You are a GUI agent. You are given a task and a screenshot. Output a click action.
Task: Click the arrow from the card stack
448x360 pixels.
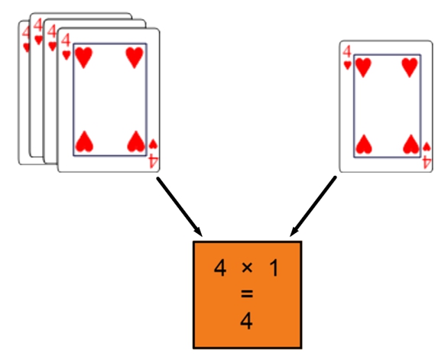tap(180, 207)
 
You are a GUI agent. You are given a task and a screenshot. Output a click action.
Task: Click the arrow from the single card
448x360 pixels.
tap(313, 206)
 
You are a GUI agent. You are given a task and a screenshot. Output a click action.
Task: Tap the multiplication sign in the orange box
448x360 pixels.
tap(247, 268)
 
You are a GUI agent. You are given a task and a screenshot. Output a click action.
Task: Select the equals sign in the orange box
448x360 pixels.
tap(247, 294)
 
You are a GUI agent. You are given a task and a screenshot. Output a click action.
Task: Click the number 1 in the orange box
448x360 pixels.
tap(274, 268)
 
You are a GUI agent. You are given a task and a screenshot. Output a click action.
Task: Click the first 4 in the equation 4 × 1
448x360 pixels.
tap(220, 268)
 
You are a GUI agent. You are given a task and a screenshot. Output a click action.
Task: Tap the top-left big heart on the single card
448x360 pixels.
tap(363, 67)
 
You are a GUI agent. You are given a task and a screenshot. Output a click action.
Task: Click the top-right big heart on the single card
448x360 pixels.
tap(411, 67)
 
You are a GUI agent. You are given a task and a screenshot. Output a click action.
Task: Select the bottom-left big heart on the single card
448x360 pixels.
tap(364, 144)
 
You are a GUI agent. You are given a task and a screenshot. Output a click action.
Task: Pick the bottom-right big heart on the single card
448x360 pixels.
tap(411, 144)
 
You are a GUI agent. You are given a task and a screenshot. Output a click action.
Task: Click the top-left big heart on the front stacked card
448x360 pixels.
tap(83, 58)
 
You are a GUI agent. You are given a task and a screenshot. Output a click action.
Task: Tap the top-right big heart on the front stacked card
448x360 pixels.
tap(135, 58)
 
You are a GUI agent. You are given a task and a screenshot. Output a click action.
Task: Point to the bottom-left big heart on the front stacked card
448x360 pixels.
tap(84, 141)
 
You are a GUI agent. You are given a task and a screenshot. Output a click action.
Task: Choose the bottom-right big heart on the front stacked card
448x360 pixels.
tap(136, 141)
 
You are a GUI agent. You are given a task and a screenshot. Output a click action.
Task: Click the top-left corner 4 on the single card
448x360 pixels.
tap(347, 52)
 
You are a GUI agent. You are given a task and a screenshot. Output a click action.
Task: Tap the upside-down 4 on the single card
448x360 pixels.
tap(427, 162)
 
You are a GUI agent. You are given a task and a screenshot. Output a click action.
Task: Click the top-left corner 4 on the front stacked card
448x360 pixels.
tap(66, 40)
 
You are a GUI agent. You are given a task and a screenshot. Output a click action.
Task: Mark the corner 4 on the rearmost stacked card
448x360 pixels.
tap(26, 32)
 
